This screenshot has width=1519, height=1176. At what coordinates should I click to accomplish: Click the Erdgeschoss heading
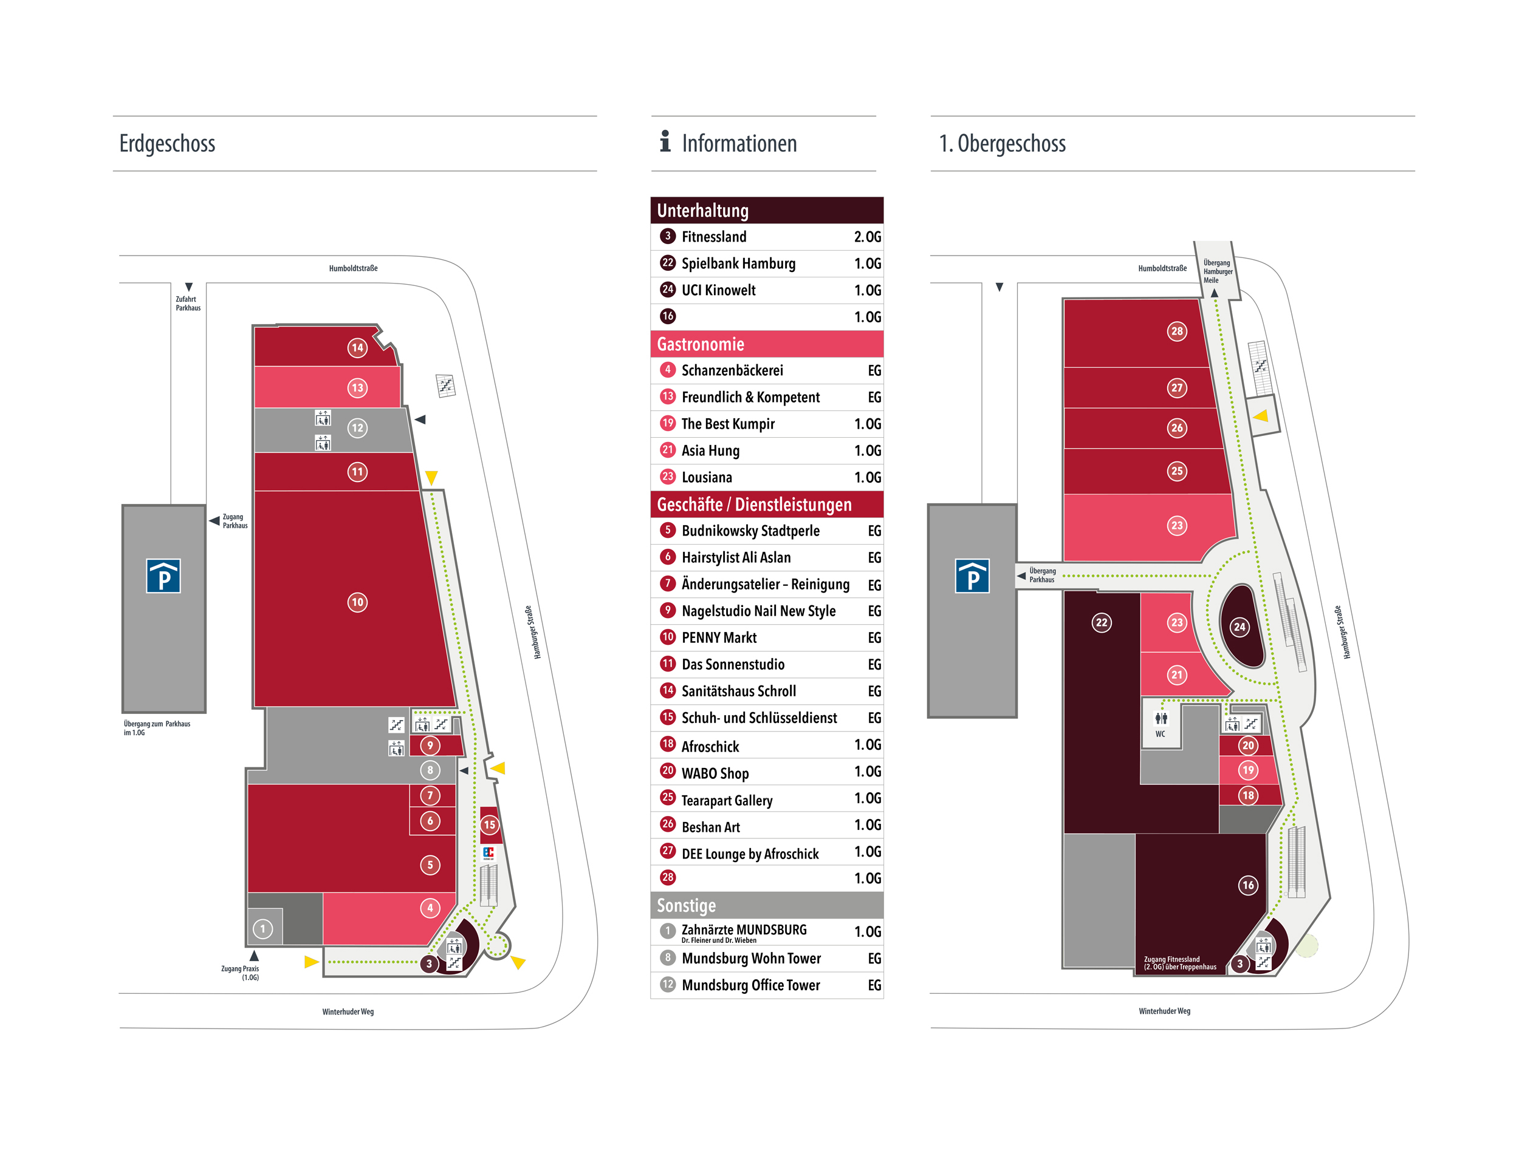pos(167,143)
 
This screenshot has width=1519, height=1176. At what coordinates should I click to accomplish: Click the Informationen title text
pos(739,143)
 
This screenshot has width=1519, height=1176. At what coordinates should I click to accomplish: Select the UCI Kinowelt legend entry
pos(718,290)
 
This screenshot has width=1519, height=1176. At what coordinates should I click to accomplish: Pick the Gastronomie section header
pos(701,344)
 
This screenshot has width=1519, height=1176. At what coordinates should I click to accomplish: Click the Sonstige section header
pos(686,905)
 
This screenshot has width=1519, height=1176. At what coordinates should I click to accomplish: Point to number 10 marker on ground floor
pos(357,602)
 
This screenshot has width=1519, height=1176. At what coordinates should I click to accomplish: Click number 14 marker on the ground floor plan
pos(357,347)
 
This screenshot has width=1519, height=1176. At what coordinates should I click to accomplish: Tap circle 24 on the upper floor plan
pos(1240,627)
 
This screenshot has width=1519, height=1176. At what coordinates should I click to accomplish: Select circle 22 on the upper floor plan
pos(1101,622)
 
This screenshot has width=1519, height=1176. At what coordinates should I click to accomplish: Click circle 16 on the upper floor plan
pos(1248,885)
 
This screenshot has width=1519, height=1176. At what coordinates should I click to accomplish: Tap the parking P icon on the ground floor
pos(163,576)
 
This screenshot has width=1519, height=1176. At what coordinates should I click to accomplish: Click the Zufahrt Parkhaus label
pos(188,303)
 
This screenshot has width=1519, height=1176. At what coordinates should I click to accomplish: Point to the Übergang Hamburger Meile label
pos(1217,271)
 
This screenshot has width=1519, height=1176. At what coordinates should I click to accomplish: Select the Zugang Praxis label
pos(240,973)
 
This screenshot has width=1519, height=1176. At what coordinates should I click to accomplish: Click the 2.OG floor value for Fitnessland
pos(866,237)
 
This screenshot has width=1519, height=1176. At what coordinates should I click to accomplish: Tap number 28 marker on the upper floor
pos(1176,331)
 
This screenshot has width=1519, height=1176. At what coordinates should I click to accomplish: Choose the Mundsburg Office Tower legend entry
pos(750,985)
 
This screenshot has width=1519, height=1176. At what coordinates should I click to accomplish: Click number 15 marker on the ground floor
pos(489,825)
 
